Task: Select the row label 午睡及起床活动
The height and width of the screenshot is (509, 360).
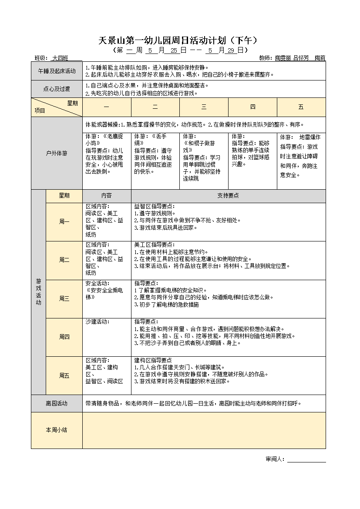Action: point(57,71)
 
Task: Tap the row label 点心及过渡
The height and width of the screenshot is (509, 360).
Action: point(57,89)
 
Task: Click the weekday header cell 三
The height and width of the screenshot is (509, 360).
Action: point(204,107)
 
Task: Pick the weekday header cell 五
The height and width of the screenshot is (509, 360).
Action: point(301,107)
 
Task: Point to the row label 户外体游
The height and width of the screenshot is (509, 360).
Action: point(57,153)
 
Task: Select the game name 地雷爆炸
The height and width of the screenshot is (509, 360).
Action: point(310,137)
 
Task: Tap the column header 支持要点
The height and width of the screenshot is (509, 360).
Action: point(228,196)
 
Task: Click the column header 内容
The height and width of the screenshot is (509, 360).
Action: point(107,196)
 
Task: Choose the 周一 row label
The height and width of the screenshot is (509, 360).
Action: point(64,221)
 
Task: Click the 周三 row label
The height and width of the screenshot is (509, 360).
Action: point(64,298)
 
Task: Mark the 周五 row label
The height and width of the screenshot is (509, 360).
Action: point(64,375)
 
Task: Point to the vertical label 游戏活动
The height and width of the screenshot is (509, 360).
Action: point(38,292)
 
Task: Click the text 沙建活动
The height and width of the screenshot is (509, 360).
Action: point(97,321)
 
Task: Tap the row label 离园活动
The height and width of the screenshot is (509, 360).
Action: point(57,403)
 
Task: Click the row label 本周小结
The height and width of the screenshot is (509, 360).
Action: point(57,430)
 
